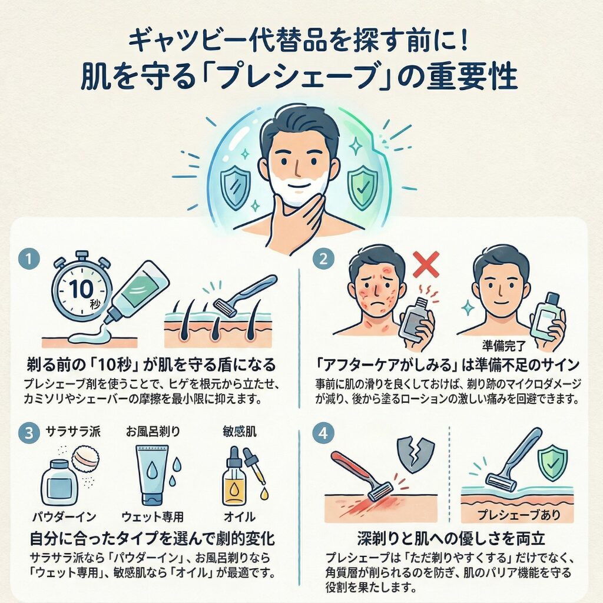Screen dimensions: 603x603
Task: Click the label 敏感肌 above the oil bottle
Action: pyautogui.click(x=240, y=432)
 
